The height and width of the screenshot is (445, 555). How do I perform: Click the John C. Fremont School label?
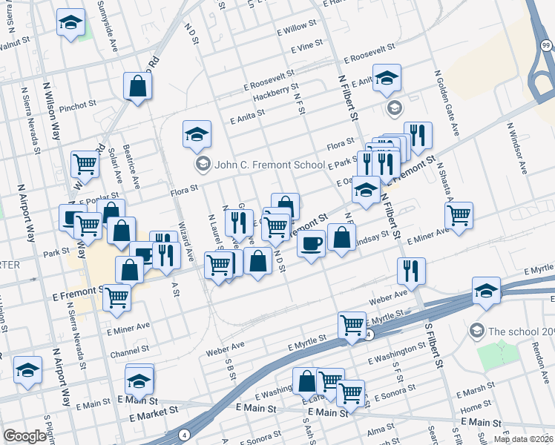tap(269, 165)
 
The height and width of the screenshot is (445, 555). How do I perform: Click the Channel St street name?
tap(130, 347)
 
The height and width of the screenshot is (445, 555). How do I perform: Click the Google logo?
tap(25, 436)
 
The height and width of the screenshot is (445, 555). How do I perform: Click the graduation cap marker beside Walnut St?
tap(70, 23)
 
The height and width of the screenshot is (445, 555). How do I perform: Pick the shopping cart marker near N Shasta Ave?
tap(459, 215)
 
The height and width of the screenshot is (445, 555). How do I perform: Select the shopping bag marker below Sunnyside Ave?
tap(138, 86)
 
